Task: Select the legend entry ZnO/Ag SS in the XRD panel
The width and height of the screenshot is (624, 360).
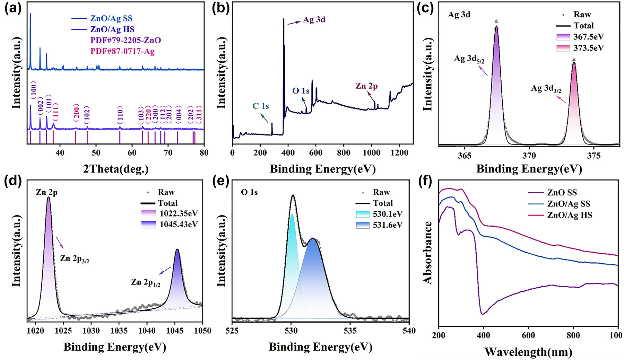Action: [x=111, y=18]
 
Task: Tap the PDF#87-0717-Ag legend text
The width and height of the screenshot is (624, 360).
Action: [x=122, y=52]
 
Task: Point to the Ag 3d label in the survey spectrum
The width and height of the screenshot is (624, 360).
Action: [x=314, y=20]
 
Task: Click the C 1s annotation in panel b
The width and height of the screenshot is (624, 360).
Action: [x=261, y=106]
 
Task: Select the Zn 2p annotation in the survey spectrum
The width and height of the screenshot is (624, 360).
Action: [x=366, y=86]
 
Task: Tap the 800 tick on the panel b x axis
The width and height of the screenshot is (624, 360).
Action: [x=344, y=153]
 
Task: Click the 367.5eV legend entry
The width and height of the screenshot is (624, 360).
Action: [x=588, y=37]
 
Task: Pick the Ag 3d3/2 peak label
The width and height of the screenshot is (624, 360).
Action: [x=546, y=89]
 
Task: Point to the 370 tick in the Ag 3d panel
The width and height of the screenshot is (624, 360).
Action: [x=529, y=156]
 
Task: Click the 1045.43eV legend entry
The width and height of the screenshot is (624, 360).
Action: [x=179, y=225]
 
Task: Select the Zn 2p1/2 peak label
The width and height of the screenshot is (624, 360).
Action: [x=146, y=282]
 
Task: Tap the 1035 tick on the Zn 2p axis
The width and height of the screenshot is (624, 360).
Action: [x=119, y=331]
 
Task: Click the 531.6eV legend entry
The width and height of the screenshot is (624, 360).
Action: [x=388, y=225]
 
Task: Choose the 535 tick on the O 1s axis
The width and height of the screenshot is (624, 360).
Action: [x=350, y=331]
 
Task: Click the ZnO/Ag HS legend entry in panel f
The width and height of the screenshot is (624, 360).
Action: [x=570, y=215]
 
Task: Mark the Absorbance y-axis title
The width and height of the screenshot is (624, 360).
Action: [x=428, y=253]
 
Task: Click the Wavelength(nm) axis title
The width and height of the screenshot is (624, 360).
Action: [x=528, y=352]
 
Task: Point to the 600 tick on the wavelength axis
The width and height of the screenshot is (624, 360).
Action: [x=528, y=335]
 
